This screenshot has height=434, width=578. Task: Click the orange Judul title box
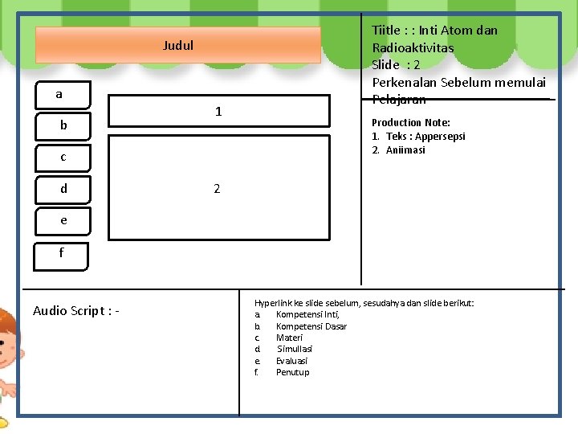(x=177, y=45)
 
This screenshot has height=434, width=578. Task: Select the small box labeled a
(x=59, y=95)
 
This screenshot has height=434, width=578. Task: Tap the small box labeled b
(x=63, y=125)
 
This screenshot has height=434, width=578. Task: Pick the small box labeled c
(x=63, y=157)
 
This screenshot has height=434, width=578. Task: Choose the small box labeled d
(x=63, y=189)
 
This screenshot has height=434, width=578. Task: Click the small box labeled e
(x=63, y=219)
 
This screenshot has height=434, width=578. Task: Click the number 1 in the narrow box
(x=218, y=112)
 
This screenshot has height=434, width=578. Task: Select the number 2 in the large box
(x=217, y=189)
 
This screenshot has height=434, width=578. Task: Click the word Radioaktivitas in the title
(x=413, y=47)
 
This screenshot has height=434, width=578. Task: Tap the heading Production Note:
(x=410, y=122)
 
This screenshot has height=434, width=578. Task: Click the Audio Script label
(x=76, y=311)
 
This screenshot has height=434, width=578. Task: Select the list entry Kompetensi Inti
(x=307, y=314)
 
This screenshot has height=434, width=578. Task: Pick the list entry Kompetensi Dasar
(x=311, y=326)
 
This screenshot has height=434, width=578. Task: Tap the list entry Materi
(x=289, y=338)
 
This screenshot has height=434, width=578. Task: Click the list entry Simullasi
(x=295, y=349)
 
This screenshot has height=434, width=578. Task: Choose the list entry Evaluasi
(x=291, y=361)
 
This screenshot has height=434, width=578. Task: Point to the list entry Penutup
(x=292, y=372)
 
